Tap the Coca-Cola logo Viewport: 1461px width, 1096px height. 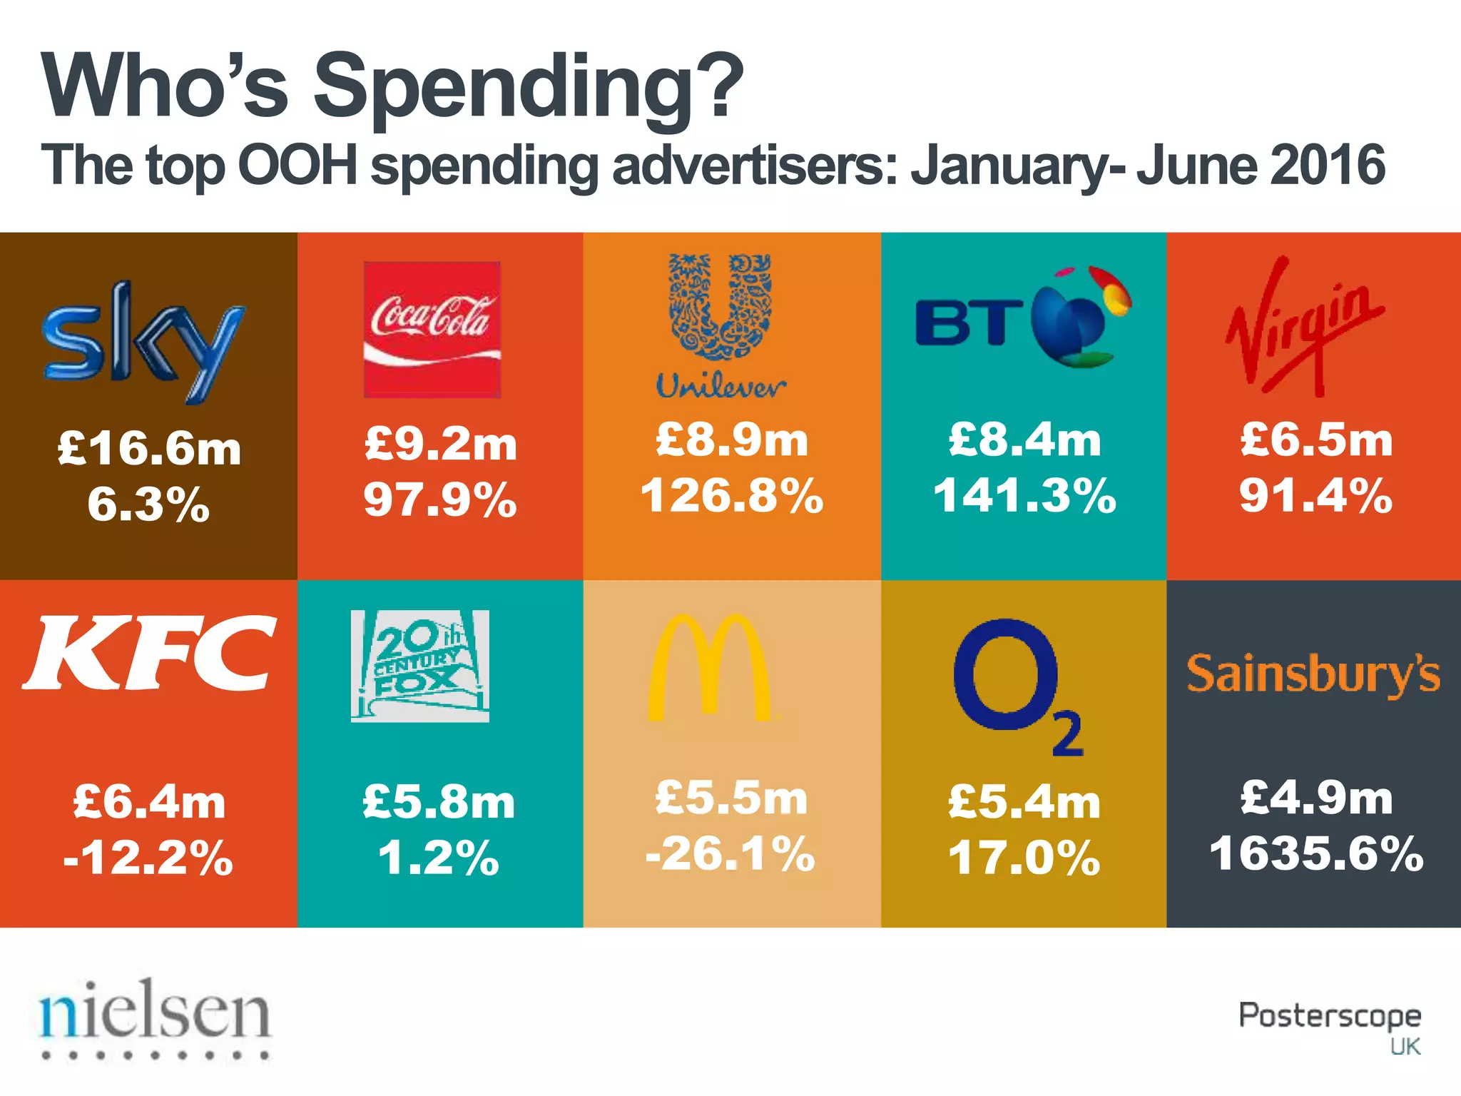pyautogui.click(x=432, y=330)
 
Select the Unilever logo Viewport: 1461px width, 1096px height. pyautogui.click(x=721, y=325)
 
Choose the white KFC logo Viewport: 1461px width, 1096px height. pyautogui.click(x=150, y=653)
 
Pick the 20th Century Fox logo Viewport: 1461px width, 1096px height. pyautogui.click(x=420, y=666)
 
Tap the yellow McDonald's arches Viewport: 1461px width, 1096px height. pyautogui.click(x=709, y=667)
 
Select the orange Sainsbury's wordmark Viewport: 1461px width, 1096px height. pyautogui.click(x=1313, y=674)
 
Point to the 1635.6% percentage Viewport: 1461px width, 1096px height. pyautogui.click(x=1316, y=853)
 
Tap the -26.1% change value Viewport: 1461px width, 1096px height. pyautogui.click(x=730, y=853)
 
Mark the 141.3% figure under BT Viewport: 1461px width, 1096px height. pyautogui.click(x=1024, y=495)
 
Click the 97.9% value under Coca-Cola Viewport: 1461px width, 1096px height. pyautogui.click(x=440, y=499)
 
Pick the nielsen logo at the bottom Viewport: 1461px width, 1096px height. pyautogui.click(x=156, y=1017)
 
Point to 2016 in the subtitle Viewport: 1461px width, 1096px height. pyautogui.click(x=1327, y=166)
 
